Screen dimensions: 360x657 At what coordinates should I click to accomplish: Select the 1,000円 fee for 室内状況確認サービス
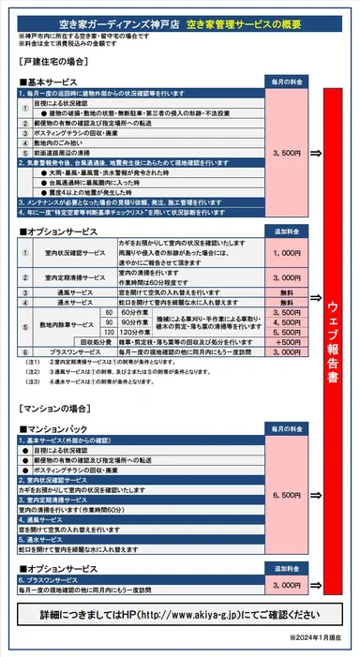(x=285, y=253)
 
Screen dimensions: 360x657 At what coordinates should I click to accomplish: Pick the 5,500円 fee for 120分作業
(x=285, y=332)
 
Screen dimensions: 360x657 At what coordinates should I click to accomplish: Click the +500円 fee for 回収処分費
(x=285, y=342)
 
